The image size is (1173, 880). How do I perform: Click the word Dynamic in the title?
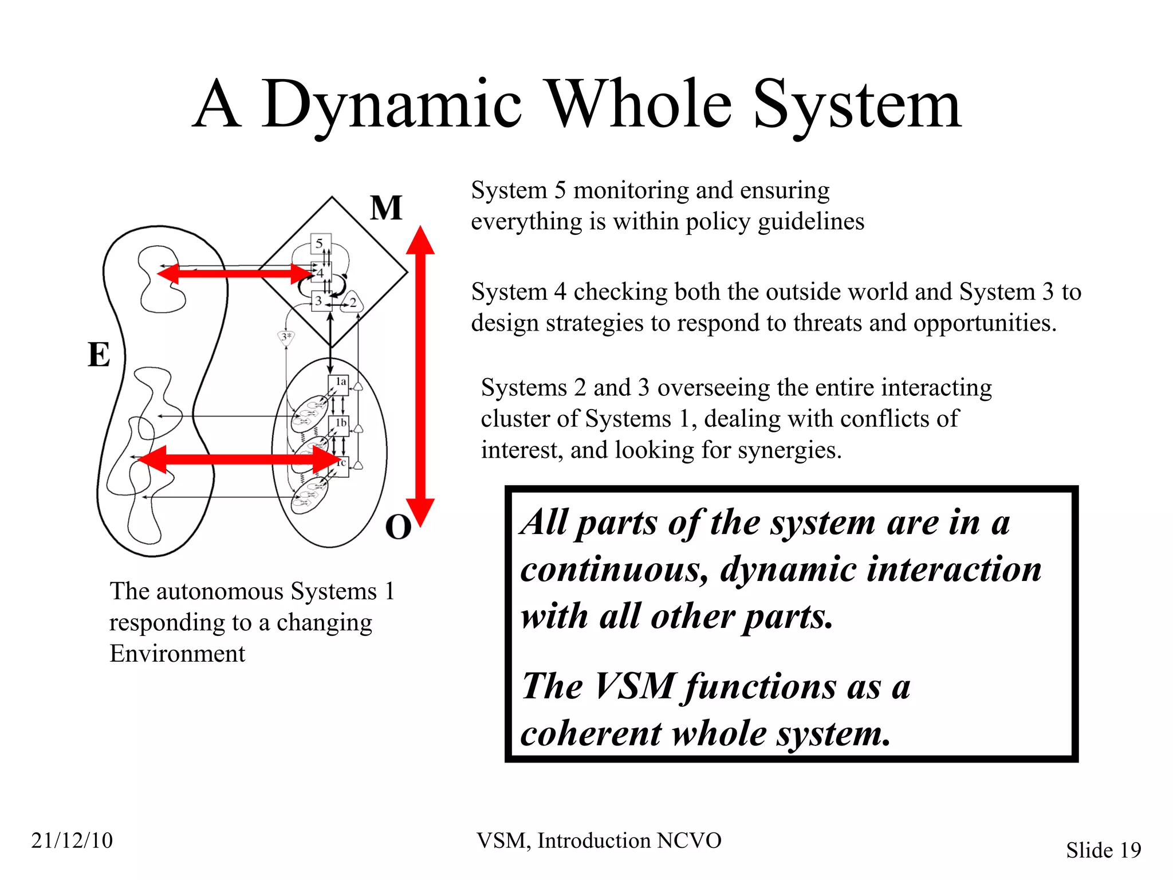point(391,106)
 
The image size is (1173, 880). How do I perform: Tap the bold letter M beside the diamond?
point(386,208)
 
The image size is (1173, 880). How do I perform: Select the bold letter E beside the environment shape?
point(99,355)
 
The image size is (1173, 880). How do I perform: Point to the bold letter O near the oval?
point(398,527)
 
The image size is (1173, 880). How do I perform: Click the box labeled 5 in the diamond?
point(320,243)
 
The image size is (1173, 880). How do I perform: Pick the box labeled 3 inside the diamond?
point(319,301)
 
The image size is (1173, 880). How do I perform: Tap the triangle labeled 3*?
point(286,337)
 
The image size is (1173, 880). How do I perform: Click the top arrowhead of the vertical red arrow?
point(420,241)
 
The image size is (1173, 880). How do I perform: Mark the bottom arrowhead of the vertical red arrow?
point(420,512)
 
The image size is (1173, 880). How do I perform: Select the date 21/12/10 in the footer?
point(72,840)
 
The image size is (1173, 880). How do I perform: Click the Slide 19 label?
point(1103,850)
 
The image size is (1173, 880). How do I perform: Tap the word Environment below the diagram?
point(177,654)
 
